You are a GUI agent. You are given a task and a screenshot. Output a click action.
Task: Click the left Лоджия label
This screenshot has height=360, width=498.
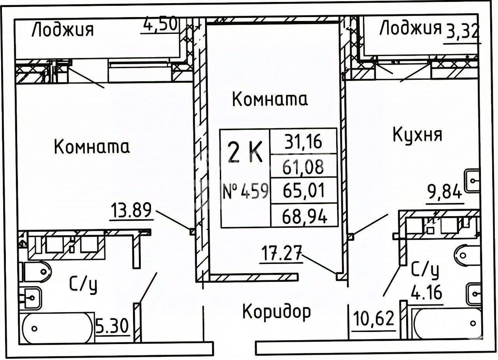(62, 30)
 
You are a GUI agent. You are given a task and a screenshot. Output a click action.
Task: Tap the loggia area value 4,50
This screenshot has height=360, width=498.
(160, 25)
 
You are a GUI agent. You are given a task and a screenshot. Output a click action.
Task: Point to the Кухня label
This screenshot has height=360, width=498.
(417, 135)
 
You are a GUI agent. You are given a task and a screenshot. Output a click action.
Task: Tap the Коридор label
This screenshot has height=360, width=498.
(277, 311)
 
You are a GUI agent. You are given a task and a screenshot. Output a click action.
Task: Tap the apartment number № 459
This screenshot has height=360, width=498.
(245, 191)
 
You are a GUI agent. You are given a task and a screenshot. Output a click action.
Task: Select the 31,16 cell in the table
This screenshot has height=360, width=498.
(303, 142)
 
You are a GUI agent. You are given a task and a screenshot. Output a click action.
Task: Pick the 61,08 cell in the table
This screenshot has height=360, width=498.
(303, 167)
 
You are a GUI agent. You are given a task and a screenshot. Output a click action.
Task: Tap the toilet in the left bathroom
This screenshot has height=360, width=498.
(36, 271)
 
